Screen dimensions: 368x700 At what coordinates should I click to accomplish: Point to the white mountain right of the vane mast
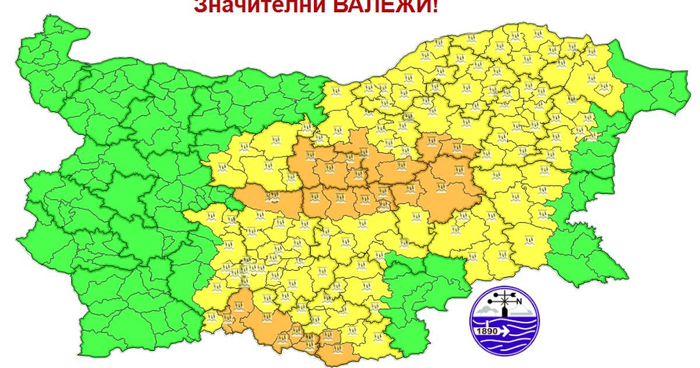click(521, 310)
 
